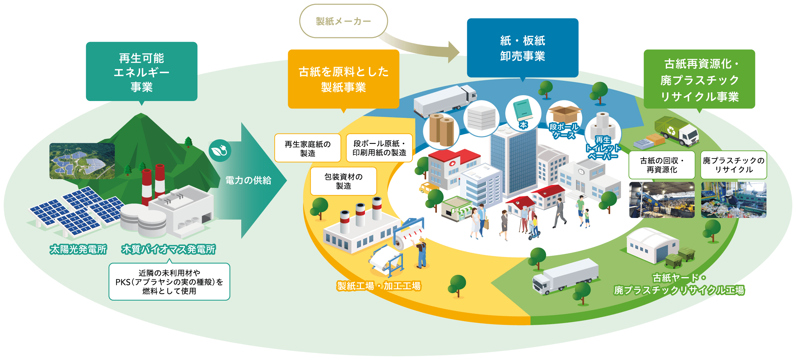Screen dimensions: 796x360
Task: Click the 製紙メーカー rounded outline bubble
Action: coord(343,21)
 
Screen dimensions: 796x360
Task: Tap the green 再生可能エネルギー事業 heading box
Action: coord(141,72)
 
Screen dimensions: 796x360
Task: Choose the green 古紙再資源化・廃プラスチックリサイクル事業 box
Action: coord(699,79)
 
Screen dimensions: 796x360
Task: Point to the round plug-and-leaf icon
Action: coord(220,151)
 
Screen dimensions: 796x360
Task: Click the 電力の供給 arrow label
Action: coord(248,181)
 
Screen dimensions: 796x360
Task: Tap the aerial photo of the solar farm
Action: coord(82,161)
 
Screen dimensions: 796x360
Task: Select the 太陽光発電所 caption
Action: coord(78,249)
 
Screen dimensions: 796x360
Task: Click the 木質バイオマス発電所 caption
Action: coord(168,249)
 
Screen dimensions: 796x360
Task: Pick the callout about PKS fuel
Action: coord(169,281)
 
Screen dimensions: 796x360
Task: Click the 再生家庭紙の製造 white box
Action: coord(307,148)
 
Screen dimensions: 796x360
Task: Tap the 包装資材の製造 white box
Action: coord(343,181)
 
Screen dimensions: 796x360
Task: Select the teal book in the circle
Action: coord(523,110)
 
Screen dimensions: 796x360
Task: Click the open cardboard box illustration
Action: coord(564,114)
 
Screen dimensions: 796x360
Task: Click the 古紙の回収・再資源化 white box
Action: coord(662,165)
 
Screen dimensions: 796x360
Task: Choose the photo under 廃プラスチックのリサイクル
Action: coord(734,200)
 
